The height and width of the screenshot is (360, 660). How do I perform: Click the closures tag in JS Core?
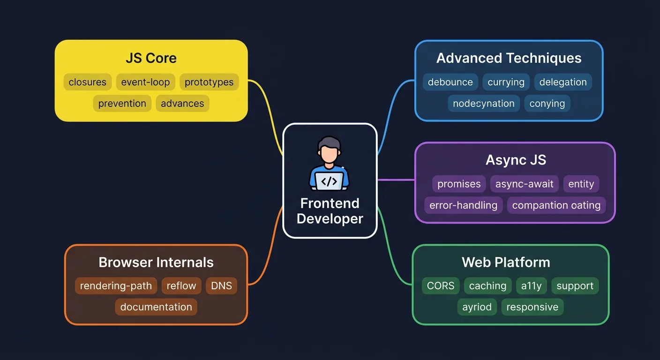pyautogui.click(x=88, y=82)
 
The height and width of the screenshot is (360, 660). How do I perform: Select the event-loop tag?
pyautogui.click(x=145, y=82)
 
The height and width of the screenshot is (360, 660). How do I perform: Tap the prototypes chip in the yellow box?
pyautogui.click(x=209, y=82)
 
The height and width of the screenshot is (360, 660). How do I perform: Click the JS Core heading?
pyautogui.click(x=151, y=58)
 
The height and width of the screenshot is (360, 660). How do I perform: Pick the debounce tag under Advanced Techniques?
pyautogui.click(x=450, y=82)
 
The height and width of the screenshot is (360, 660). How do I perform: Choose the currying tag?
pyautogui.click(x=506, y=82)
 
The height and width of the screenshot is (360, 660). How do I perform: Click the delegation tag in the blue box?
pyautogui.click(x=563, y=82)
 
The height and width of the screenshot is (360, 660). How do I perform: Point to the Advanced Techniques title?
pyautogui.click(x=509, y=58)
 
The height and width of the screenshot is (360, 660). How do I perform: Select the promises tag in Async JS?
pyautogui.click(x=459, y=184)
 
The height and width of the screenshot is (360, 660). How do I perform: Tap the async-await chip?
pyautogui.click(x=524, y=184)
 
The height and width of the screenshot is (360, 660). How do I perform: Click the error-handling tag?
pyautogui.click(x=463, y=205)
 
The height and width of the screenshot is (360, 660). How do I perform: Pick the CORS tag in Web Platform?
pyautogui.click(x=441, y=286)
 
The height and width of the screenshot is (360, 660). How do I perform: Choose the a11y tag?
pyautogui.click(x=531, y=286)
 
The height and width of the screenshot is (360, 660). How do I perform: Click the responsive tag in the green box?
pyautogui.click(x=532, y=307)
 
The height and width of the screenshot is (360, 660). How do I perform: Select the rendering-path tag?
pyautogui.click(x=116, y=286)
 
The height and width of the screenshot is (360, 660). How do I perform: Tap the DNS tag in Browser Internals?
pyautogui.click(x=221, y=286)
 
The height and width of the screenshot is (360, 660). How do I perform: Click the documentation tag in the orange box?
pyautogui.click(x=156, y=307)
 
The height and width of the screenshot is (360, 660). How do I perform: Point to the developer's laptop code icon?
pyautogui.click(x=329, y=181)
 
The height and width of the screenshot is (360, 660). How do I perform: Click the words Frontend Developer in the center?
pyautogui.click(x=330, y=211)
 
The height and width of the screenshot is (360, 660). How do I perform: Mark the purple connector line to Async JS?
pyautogui.click(x=396, y=180)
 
